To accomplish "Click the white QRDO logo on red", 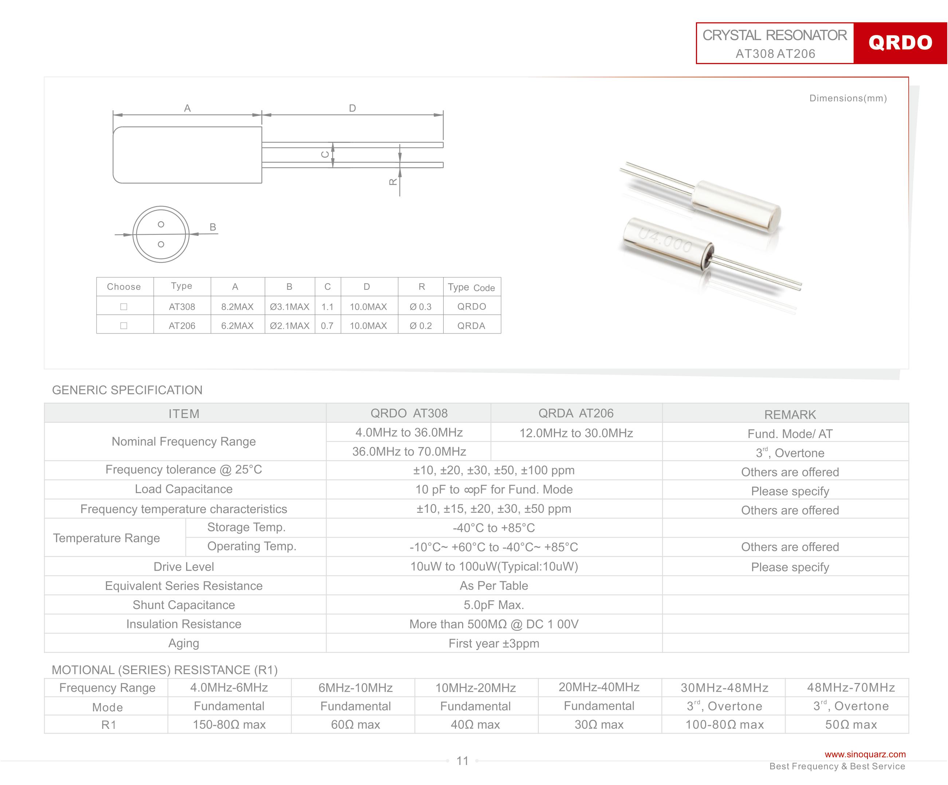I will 900,43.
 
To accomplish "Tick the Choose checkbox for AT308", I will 124,307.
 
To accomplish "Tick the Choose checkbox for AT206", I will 124,326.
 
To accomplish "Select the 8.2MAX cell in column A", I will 237,307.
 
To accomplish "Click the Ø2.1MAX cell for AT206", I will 290,326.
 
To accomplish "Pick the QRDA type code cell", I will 471,326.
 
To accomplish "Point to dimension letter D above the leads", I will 352,108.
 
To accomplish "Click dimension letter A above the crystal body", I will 187,108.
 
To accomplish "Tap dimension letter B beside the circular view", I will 213,227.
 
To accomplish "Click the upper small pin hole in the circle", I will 161,224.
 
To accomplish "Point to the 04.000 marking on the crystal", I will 665,240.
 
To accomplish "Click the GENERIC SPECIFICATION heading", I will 127,390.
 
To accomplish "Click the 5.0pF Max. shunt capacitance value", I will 494,605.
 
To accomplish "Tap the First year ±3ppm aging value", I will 494,643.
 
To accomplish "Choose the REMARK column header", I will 790,414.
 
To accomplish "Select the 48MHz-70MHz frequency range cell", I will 851,687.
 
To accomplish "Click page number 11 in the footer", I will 462,761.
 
